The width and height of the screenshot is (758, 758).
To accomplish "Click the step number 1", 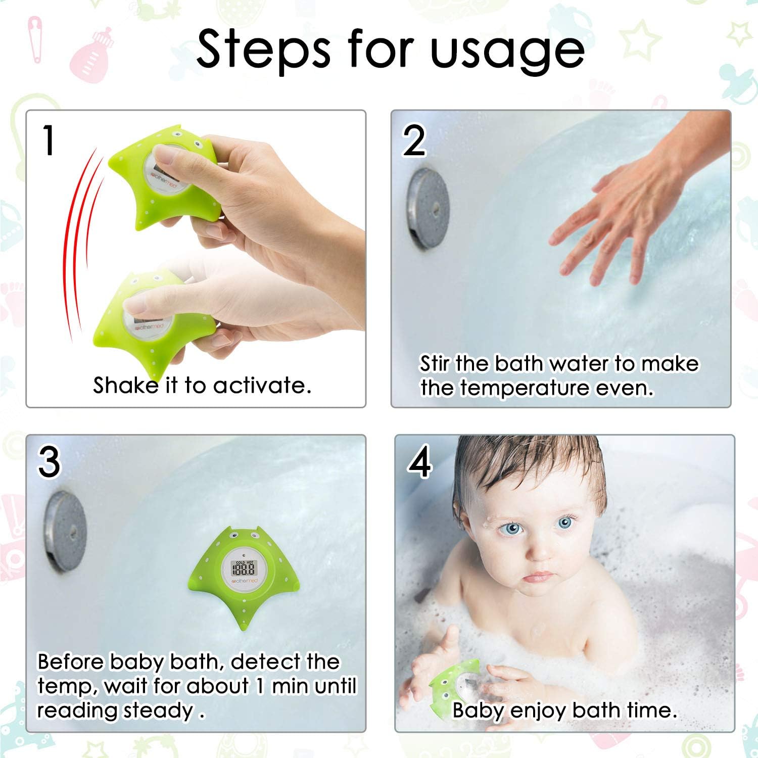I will pos(49,140).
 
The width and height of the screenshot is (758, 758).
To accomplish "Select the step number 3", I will pos(49,462).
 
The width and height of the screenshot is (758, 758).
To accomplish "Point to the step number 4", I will pos(419,462).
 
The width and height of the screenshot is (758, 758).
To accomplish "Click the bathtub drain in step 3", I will pos(65,531).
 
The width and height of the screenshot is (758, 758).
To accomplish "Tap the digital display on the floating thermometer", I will pos(243,569).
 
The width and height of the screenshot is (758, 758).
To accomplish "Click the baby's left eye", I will pos(565,523).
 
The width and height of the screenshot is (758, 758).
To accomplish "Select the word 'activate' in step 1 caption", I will pos(261,386).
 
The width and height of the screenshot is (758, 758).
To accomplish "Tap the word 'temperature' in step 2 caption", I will pos(525,389).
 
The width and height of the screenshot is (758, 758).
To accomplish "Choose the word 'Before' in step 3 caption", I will pos(71,662).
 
